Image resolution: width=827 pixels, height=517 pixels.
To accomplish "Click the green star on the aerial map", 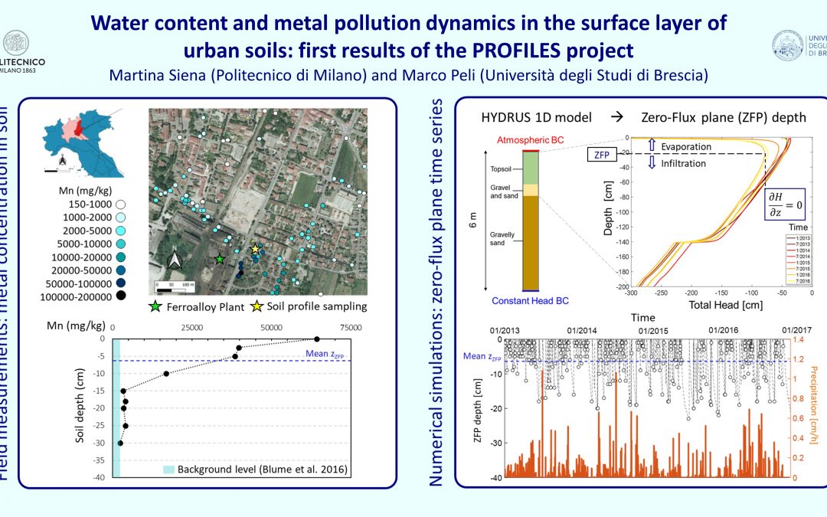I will click(221, 260).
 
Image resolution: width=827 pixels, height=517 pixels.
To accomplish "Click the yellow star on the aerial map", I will click(255, 249).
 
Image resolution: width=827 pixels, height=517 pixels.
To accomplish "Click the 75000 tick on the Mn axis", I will click(351, 327).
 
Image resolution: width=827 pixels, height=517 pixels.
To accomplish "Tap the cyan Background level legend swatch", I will click(168, 466).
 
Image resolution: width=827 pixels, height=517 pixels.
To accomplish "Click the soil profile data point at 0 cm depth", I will click(317, 339).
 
